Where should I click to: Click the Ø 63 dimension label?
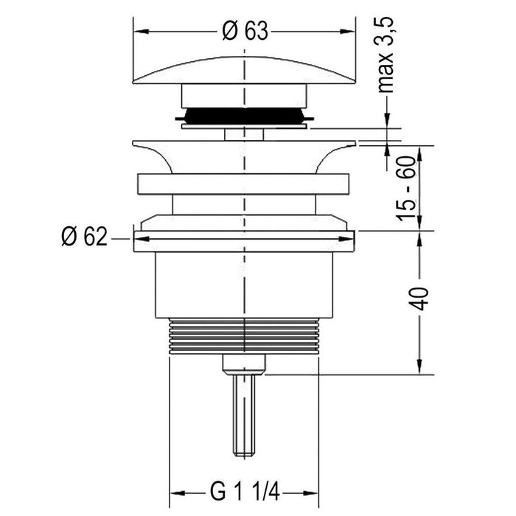coord(243,31)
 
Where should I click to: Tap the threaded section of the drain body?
coord(244,337)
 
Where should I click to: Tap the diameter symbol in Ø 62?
coord(68,237)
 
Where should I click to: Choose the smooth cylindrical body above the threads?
coord(244,284)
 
